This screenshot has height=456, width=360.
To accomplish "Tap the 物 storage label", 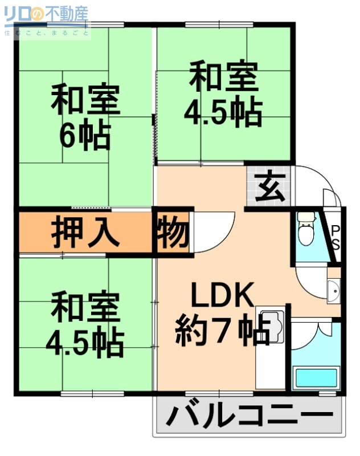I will point(171,231).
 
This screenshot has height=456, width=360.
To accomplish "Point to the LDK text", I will point(221,296).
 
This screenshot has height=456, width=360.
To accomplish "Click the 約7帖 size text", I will point(222,329).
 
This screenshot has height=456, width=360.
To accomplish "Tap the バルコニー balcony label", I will point(249,416).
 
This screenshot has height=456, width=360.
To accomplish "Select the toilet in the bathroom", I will point(306,228).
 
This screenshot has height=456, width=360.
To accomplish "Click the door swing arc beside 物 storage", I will point(214,231).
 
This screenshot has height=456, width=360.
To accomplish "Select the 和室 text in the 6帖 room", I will point(85,101).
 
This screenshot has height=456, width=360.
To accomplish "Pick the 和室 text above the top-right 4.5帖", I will point(223,78).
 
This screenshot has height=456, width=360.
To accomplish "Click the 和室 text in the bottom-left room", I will point(85,308).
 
